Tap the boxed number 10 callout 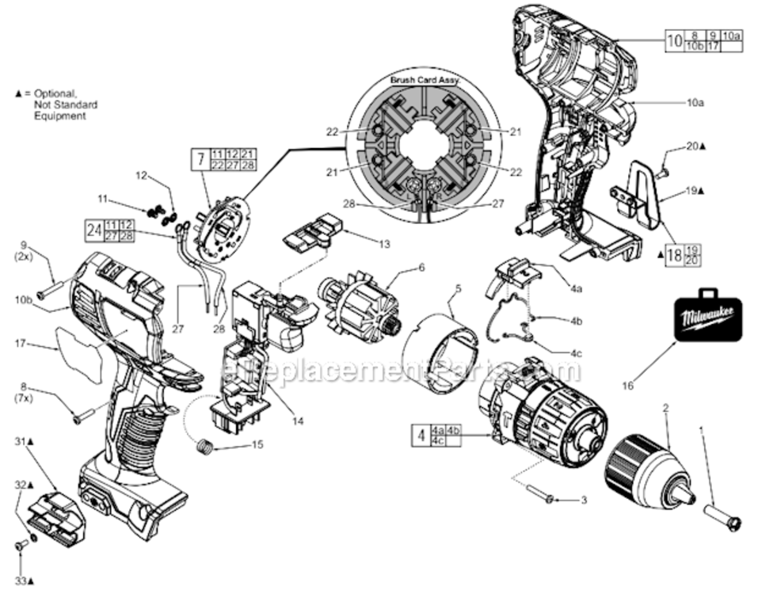tap(673, 41)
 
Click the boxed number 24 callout tap(94, 230)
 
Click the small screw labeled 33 tap(21, 545)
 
